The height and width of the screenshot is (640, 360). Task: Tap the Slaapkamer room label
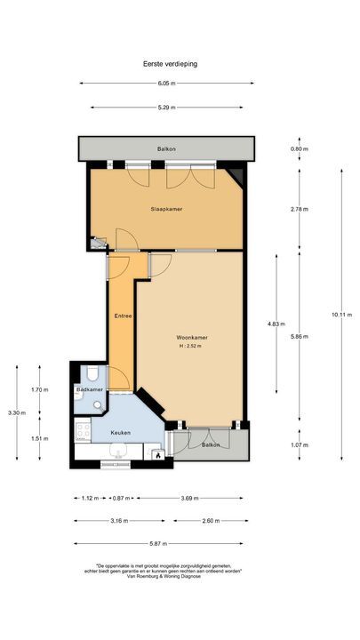(166, 209)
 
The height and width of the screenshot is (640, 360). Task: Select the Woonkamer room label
(192, 338)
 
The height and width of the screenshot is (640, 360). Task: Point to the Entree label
(123, 316)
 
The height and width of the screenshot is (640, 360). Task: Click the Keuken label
(120, 433)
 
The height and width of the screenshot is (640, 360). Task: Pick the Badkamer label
(90, 390)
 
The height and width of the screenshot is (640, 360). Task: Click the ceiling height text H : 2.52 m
(190, 346)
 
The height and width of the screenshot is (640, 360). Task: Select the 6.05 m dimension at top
(166, 84)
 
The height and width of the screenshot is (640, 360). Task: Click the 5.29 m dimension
(166, 108)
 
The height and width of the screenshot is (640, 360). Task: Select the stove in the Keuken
(84, 432)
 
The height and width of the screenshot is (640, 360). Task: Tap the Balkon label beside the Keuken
(211, 444)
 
